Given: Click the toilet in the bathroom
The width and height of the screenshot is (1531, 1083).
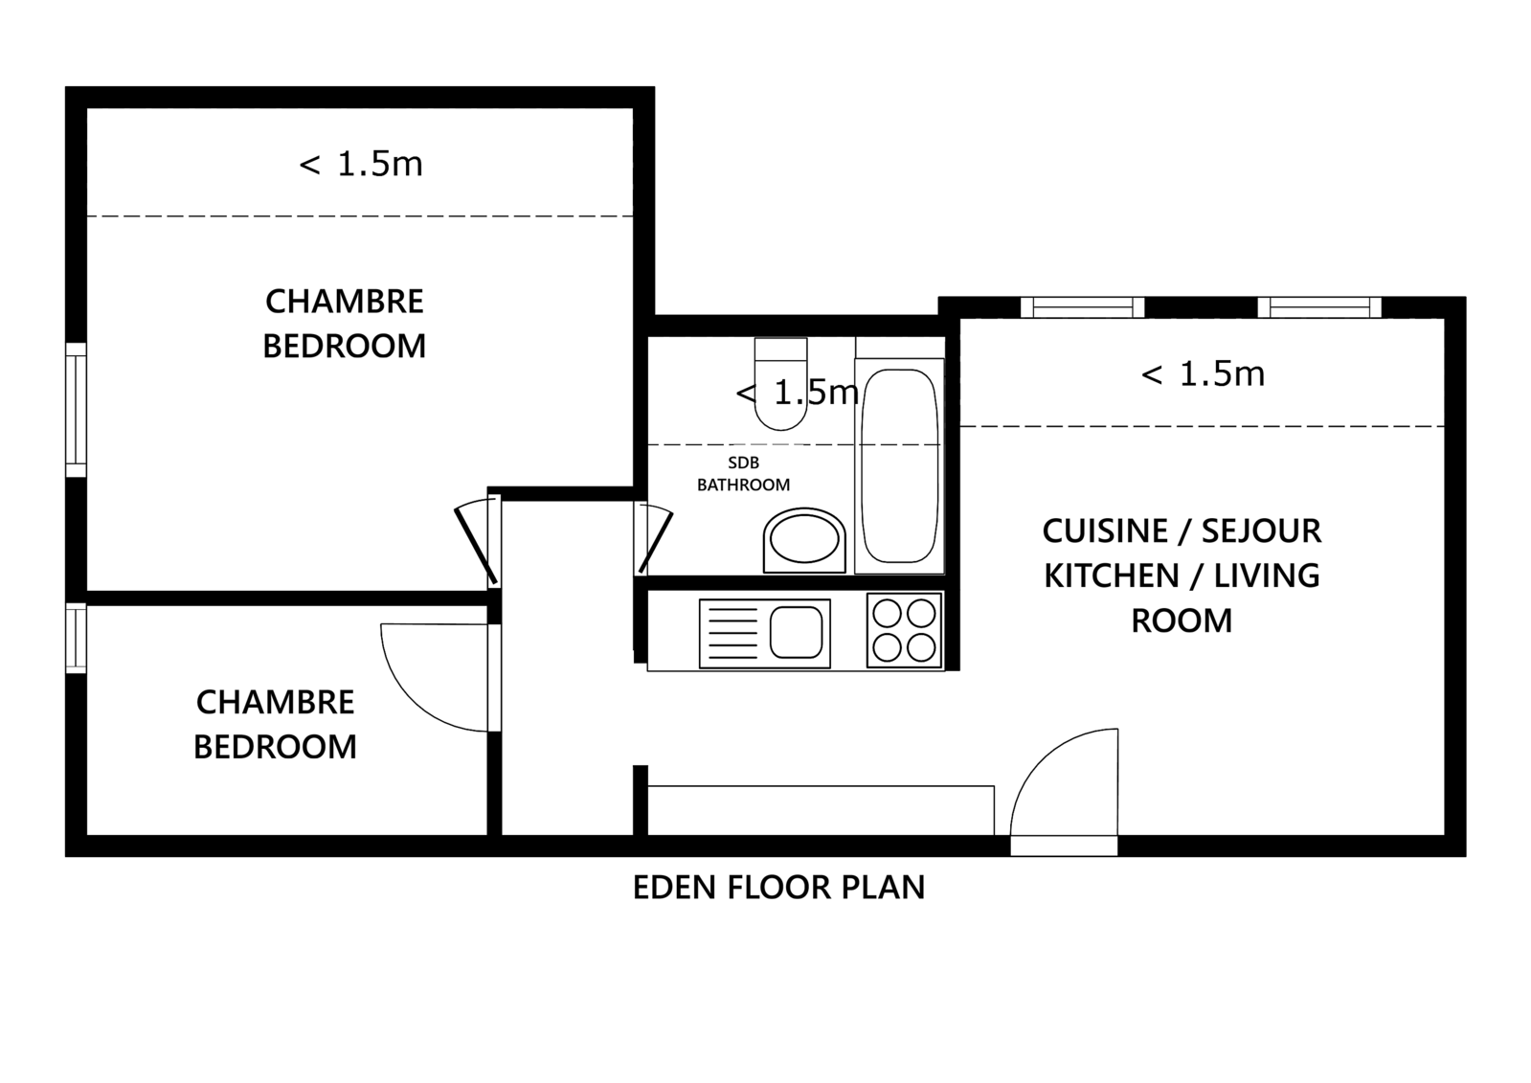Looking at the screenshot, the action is point(780,384).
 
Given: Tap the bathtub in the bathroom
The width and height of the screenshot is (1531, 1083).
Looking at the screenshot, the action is point(899,465).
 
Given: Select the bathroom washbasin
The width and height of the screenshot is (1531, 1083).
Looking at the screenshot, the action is point(803,541).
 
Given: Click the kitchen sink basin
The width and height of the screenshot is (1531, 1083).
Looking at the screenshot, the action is point(797,632).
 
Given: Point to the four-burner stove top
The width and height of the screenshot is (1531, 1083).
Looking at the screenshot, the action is point(904,630).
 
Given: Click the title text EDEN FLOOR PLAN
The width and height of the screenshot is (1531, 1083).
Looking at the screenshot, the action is point(778,888).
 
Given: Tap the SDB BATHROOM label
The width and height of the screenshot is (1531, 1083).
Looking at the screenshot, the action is point(743,474).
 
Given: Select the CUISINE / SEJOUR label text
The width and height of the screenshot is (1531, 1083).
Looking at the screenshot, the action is point(1182,531).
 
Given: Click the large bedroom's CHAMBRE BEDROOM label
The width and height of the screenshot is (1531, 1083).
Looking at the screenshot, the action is point(345,324).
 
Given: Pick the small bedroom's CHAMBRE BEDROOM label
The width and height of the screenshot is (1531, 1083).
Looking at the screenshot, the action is point(276,724).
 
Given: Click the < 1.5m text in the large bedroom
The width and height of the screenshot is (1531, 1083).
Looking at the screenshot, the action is point(361,164).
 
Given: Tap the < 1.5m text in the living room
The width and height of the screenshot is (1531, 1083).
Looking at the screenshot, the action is point(1203,374).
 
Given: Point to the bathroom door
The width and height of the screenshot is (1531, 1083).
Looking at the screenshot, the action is point(654,539).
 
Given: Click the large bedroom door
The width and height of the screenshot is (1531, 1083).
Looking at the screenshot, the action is point(476,542).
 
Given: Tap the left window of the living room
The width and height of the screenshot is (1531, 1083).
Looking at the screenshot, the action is point(1083,307).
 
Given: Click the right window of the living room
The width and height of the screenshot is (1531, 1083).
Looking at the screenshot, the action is point(1319,307).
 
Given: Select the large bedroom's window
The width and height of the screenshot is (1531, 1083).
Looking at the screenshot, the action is point(76,410).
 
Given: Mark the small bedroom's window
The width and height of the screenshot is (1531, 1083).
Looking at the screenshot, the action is point(76,638).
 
